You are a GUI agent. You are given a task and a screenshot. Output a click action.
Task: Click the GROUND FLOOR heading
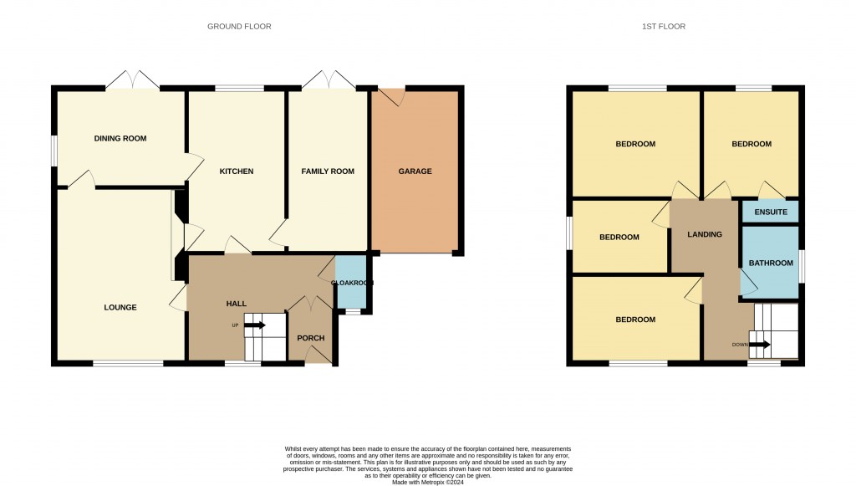(x=239, y=27)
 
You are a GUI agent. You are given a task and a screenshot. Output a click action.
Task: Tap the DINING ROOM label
(x=120, y=139)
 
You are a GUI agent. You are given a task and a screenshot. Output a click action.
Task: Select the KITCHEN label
(x=236, y=171)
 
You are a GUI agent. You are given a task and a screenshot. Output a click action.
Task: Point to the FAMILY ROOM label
(x=328, y=171)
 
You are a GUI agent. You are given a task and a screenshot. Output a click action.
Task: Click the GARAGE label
(x=415, y=171)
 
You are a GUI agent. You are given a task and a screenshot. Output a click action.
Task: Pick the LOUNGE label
(x=120, y=308)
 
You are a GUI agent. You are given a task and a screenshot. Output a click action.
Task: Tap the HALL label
(x=236, y=304)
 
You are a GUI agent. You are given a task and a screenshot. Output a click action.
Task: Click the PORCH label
(x=310, y=338)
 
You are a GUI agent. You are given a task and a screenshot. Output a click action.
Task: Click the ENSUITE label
(x=770, y=212)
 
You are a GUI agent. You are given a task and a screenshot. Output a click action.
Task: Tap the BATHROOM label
(x=770, y=263)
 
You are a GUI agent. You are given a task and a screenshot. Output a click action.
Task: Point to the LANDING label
(x=704, y=235)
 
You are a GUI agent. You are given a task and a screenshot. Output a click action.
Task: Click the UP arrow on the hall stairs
(x=254, y=325)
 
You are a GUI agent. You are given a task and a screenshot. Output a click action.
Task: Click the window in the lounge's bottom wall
(x=128, y=363)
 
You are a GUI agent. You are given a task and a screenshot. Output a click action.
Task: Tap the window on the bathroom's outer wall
(x=802, y=265)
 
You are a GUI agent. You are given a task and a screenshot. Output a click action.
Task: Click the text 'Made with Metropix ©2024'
(x=427, y=481)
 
